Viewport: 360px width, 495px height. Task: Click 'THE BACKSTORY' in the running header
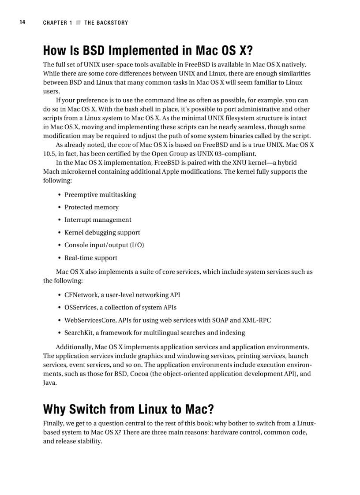[x=106, y=23]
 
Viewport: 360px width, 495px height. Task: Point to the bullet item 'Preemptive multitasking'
[x=100, y=195]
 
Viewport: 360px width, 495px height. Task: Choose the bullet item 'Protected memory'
[x=91, y=207]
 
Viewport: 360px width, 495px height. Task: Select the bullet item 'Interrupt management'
[x=97, y=220]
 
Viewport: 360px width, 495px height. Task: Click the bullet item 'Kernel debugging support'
[x=102, y=233]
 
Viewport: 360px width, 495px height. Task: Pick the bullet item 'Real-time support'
[x=91, y=258]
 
